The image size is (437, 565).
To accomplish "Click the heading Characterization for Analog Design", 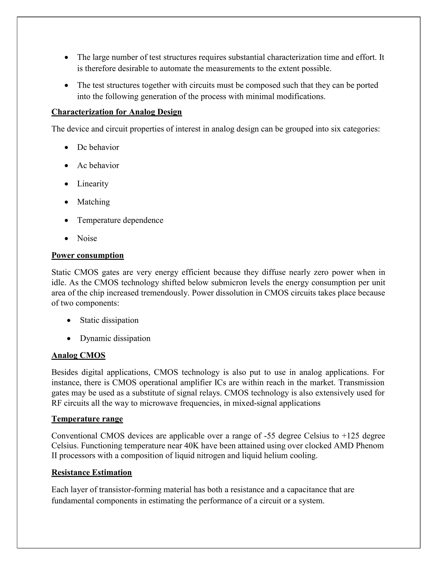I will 117,112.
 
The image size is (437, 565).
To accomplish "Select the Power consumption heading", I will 87,255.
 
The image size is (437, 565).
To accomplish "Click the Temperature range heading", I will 87,419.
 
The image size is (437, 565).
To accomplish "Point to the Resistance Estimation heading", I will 92,472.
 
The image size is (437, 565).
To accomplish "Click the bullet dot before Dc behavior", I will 67,148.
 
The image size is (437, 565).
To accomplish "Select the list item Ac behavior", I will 98,166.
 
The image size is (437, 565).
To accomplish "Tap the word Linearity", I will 93,184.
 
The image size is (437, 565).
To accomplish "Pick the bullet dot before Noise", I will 67,239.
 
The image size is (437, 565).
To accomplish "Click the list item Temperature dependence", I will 120,220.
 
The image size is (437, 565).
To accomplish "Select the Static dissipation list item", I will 109,320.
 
